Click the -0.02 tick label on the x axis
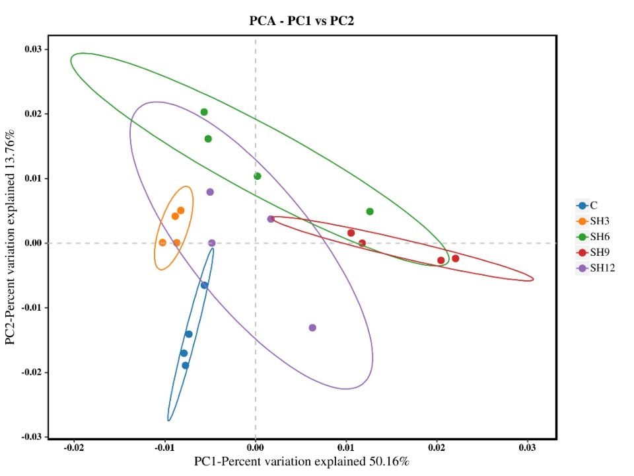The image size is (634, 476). pyautogui.click(x=73, y=448)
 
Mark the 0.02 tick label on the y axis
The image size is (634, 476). pyautogui.click(x=34, y=114)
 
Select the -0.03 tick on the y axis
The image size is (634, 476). pyautogui.click(x=32, y=437)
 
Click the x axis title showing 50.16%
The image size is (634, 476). pyautogui.click(x=301, y=461)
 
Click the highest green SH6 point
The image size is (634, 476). pyautogui.click(x=204, y=112)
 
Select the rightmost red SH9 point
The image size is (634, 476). pyautogui.click(x=455, y=258)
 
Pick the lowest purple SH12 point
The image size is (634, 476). pyautogui.click(x=312, y=328)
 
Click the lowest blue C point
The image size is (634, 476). pyautogui.click(x=186, y=366)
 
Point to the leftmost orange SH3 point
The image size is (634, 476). pyautogui.click(x=162, y=243)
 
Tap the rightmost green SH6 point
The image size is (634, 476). pyautogui.click(x=370, y=212)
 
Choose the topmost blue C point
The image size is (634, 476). pyautogui.click(x=204, y=286)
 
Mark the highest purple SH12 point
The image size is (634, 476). pyautogui.click(x=210, y=192)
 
